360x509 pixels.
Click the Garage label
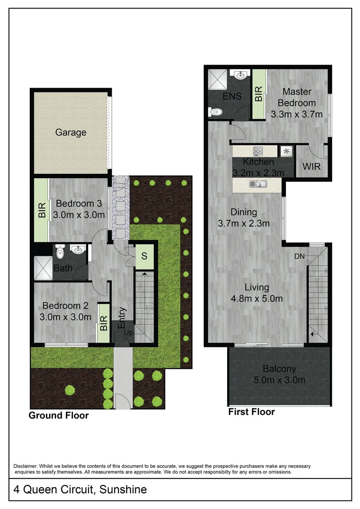coord(71,132)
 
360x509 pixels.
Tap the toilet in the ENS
coord(215,112)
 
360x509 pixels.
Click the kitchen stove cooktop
coord(258,151)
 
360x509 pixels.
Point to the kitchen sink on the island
coord(259,184)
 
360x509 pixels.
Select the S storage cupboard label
coord(145,257)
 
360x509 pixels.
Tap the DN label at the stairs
coord(299,256)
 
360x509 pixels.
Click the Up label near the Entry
coord(128,333)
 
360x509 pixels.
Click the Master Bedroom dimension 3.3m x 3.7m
coord(296,114)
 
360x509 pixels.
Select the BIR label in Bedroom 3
coord(41,210)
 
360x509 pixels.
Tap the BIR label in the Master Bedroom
coord(259,95)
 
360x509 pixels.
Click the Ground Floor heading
coord(58,416)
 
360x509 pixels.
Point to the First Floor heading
coord(251,412)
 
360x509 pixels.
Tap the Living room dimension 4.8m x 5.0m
coord(257,298)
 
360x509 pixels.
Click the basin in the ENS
coord(240,74)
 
